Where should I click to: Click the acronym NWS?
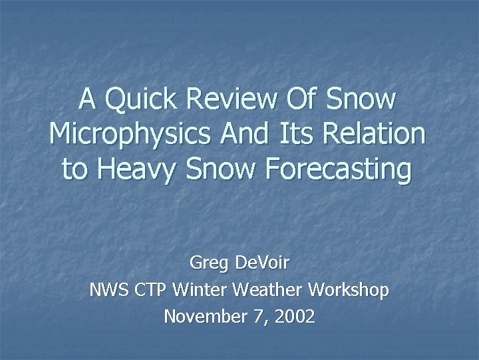(108, 290)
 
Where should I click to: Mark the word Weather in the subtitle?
(264, 290)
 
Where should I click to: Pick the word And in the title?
(242, 134)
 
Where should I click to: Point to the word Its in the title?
(294, 134)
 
